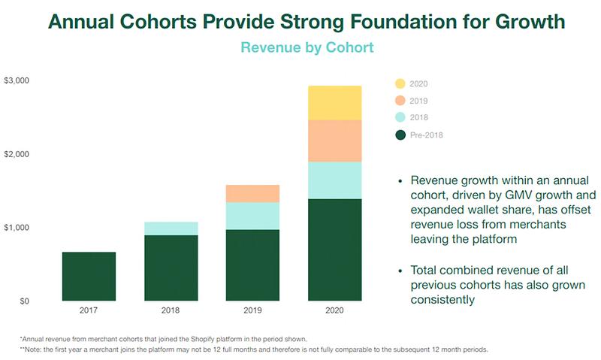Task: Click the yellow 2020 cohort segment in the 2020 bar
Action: coord(334,103)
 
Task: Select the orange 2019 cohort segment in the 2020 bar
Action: coord(334,141)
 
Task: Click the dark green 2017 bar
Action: coord(89,277)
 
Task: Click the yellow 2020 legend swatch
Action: coord(400,84)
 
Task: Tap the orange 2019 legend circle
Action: coord(400,101)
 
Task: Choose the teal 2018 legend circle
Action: coord(400,118)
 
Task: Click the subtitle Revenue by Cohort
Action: coord(307,47)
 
